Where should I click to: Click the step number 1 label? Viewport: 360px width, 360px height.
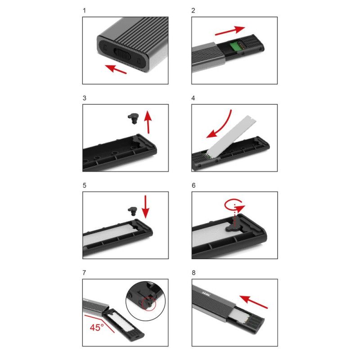click(x=84, y=10)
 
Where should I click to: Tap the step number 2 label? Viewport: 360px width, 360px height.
click(x=193, y=10)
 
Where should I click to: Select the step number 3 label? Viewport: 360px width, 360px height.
click(x=84, y=98)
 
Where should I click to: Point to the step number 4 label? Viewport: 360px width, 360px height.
click(x=193, y=98)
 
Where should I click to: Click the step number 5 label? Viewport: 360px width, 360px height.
click(x=84, y=185)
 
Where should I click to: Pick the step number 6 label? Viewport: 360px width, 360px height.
click(x=193, y=185)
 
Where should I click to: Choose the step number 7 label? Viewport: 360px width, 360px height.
click(x=84, y=273)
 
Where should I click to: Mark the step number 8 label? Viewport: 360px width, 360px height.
click(x=193, y=273)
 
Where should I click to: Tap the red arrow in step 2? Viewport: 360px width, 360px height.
click(x=230, y=31)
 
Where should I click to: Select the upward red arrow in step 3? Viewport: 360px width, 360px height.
click(x=148, y=122)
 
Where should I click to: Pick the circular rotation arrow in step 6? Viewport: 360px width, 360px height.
click(x=234, y=207)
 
